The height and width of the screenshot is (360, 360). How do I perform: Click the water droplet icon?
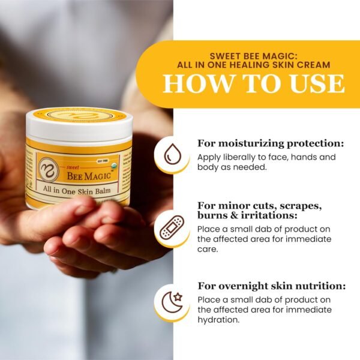tap(172, 154)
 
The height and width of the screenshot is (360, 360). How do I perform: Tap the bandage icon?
tap(172, 227)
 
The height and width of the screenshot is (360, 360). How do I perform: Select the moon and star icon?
tap(172, 301)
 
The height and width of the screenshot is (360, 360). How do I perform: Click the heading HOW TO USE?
tap(254, 83)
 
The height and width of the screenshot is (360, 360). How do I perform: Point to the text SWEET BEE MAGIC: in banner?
tap(254, 54)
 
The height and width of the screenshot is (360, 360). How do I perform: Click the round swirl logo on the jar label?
tap(47, 169)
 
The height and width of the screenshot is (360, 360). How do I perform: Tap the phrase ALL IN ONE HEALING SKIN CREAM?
tap(254, 65)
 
